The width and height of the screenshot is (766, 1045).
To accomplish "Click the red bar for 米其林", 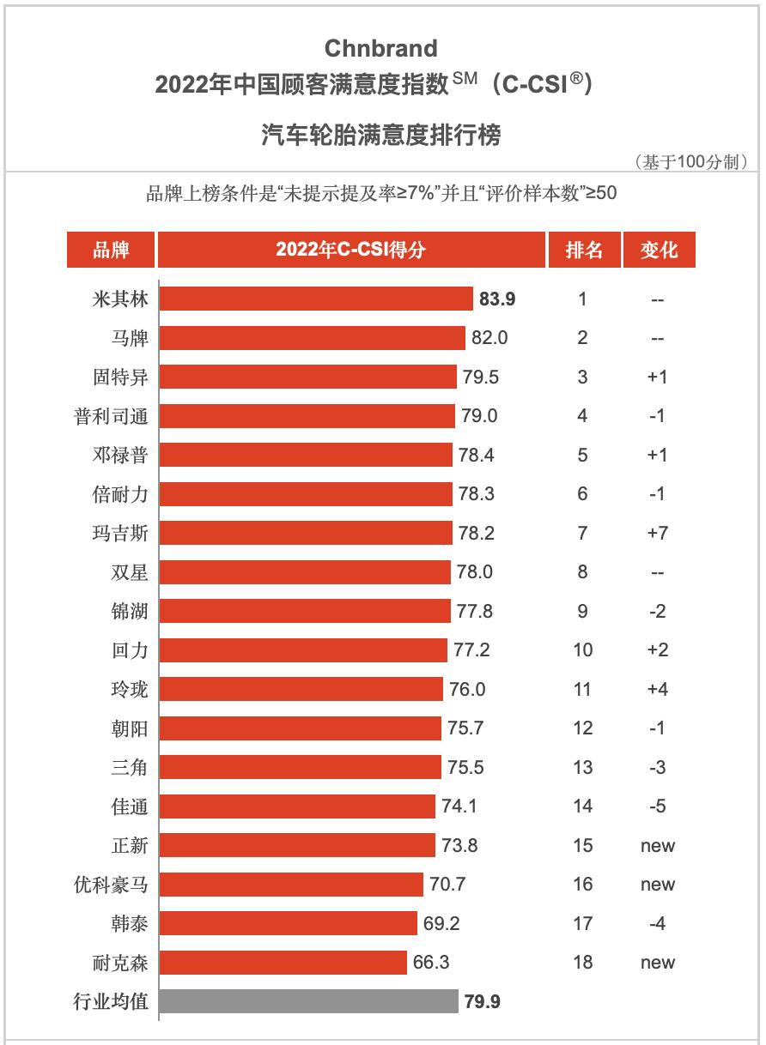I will point(316,299).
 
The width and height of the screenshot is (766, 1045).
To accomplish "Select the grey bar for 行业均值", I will point(308,1001).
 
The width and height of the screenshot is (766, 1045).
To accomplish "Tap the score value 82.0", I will point(489,338).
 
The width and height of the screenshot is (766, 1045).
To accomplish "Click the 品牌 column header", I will point(111,250).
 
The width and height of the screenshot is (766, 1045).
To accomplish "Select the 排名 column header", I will point(583,250).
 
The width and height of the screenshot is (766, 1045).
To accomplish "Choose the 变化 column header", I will point(658,250).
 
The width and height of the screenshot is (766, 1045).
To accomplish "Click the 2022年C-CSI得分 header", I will point(351,250).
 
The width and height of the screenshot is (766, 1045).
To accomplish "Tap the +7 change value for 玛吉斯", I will point(658,533).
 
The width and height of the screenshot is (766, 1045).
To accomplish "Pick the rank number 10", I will point(583,650).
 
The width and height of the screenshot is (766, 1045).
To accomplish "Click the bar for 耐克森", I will point(283,963).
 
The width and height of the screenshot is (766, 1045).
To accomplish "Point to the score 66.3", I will point(431,963).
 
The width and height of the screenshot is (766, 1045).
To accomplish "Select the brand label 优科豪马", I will point(111,885).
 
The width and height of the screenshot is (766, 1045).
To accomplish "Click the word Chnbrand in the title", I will point(380,48).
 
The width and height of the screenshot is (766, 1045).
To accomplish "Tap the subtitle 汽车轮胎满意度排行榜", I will point(380,135).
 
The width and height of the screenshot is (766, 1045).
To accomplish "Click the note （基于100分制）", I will point(690,161).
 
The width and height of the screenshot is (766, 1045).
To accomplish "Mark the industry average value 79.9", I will point(483,1001).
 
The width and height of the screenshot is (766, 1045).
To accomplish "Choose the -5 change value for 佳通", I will point(658,806).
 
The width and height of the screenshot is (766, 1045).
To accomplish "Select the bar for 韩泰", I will point(288,923).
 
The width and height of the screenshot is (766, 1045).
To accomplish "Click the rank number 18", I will point(583,963).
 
